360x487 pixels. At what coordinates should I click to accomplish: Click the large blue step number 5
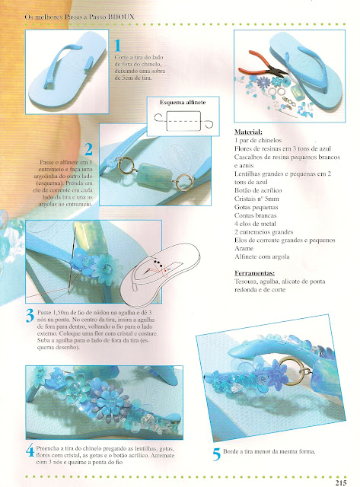[x=217, y=454]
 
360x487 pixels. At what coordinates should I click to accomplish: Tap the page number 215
[x=340, y=479]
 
